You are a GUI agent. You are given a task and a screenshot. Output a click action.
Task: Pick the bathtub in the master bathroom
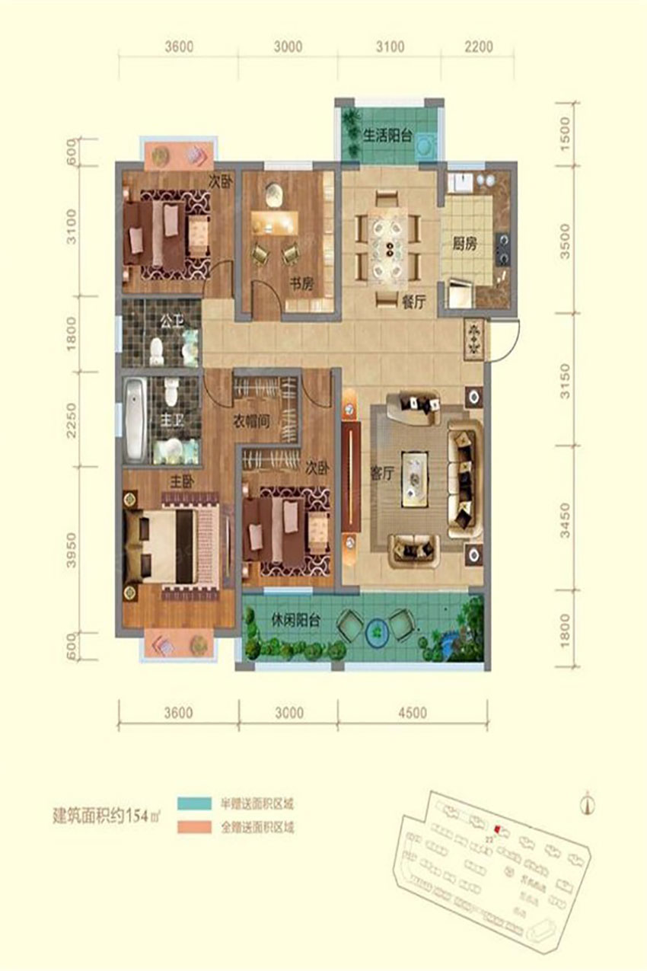(x=135, y=419)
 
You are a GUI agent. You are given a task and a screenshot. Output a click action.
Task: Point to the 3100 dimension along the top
(x=389, y=46)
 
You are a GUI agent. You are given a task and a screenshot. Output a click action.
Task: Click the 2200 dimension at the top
(x=477, y=46)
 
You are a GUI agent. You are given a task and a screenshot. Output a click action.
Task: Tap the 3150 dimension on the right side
(x=564, y=378)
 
